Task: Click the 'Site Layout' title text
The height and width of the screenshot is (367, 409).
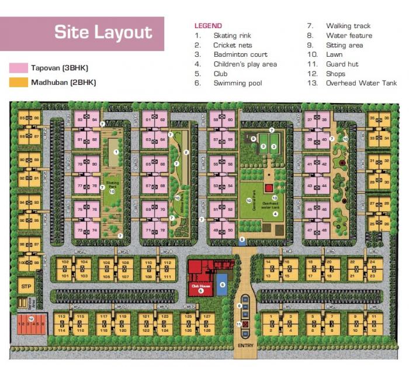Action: [103, 33]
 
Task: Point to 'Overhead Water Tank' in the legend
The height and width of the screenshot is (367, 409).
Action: [361, 83]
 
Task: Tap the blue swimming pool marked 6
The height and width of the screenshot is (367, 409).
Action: [221, 286]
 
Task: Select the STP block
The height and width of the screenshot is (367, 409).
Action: [25, 287]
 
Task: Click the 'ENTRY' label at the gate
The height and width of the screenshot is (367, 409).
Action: [244, 347]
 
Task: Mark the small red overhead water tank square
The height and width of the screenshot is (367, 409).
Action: [269, 188]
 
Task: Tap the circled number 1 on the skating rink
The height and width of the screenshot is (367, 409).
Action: [116, 152]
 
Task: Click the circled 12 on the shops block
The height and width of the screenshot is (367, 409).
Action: [31, 318]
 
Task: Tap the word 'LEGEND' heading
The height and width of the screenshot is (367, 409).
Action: [208, 26]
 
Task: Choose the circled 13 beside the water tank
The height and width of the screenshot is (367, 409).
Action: [273, 198]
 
